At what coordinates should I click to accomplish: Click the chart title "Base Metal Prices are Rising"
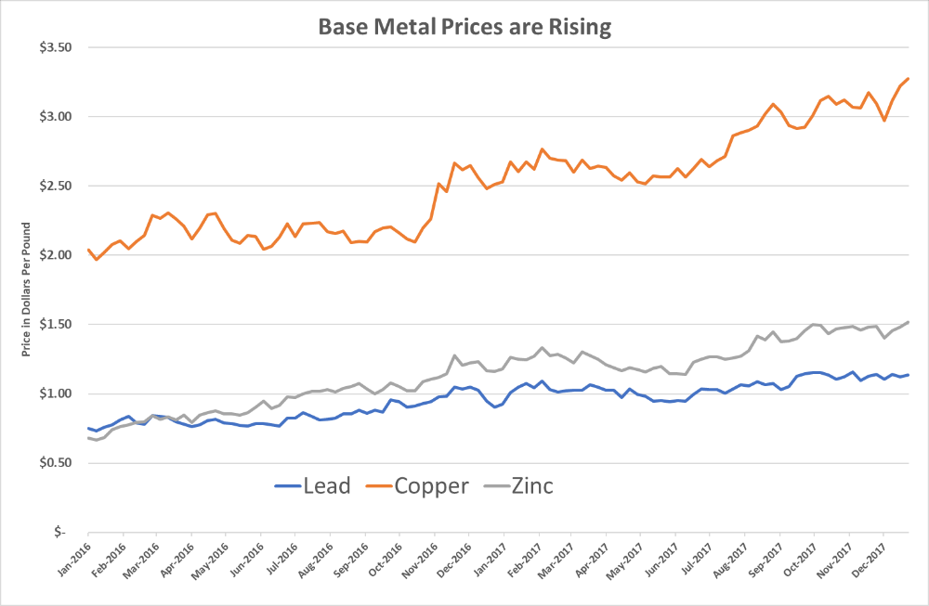tap(464, 27)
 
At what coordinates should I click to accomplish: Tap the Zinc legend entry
tap(515, 485)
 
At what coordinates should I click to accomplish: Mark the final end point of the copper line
tap(908, 79)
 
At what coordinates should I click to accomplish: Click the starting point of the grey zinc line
tap(88, 437)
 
